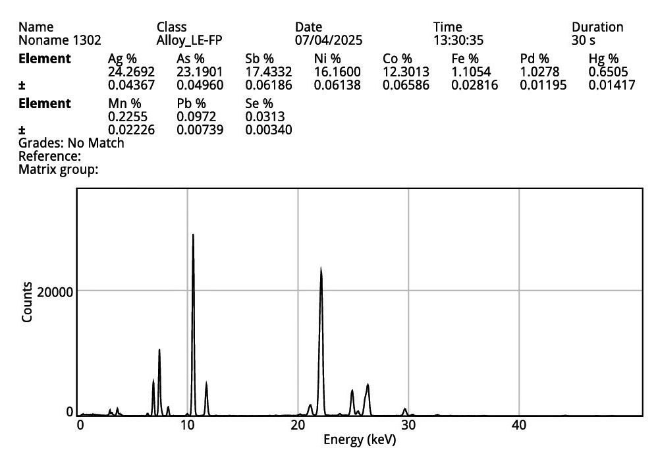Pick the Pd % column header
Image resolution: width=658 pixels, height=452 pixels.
[x=534, y=59]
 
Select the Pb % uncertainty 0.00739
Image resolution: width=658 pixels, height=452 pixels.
[x=200, y=130]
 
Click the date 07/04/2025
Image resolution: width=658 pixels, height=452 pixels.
[x=329, y=40]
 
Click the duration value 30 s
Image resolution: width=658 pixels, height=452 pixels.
[x=583, y=40]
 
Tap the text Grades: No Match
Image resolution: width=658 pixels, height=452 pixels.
[x=71, y=143]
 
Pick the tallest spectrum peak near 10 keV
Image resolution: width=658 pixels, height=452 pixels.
[x=193, y=235]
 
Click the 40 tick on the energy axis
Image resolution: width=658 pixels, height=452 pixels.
[x=519, y=425]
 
